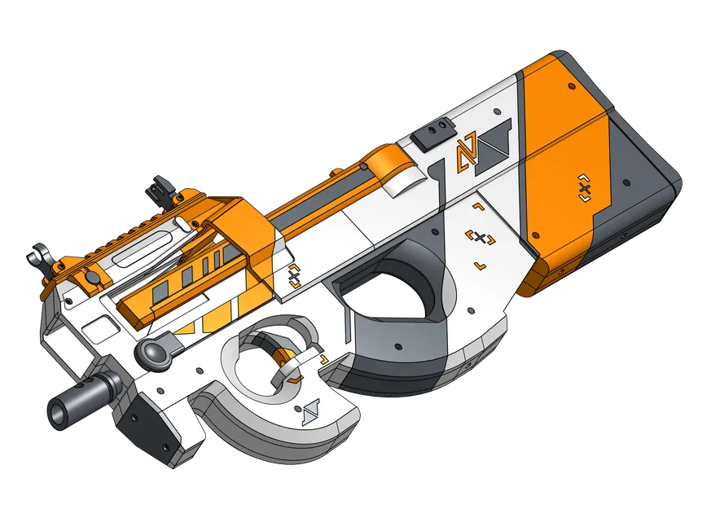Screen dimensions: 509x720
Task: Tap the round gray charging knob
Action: coord(154,352)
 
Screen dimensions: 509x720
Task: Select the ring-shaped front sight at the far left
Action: coord(38,257)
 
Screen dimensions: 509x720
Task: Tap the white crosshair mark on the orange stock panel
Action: coord(583,188)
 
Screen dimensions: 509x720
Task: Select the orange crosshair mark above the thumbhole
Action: coord(481,238)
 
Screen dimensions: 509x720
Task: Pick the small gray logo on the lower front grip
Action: coord(310,414)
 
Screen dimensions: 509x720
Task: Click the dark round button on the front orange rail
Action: coord(91,279)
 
